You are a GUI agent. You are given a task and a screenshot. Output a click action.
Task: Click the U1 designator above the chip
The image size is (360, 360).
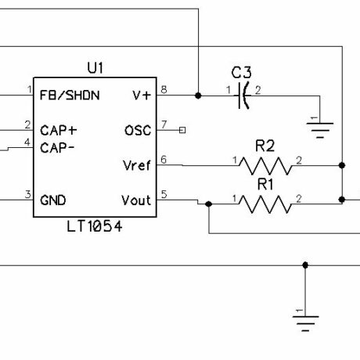pyautogui.click(x=95, y=68)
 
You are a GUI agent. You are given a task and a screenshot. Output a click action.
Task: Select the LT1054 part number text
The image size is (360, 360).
pyautogui.click(x=95, y=226)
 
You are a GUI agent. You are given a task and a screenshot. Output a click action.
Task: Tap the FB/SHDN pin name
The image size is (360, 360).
pyautogui.click(x=70, y=95)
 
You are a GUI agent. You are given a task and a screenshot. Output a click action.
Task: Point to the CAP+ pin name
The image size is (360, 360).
pyautogui.click(x=59, y=131)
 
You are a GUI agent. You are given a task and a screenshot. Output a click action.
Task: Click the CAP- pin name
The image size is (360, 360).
pyautogui.click(x=57, y=148)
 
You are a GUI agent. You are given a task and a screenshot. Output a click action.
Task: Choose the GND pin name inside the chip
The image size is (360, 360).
pyautogui.click(x=53, y=200)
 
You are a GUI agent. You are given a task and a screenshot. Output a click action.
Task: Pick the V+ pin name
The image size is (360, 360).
pyautogui.click(x=142, y=95)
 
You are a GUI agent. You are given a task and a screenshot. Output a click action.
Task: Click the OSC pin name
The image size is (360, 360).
pyautogui.click(x=138, y=131)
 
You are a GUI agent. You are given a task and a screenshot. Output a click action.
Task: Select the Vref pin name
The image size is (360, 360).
pyautogui.click(x=137, y=165)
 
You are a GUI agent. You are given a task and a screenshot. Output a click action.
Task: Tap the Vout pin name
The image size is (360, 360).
pyautogui.click(x=136, y=200)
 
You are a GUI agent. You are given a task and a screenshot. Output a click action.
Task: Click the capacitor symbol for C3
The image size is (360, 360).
pyautogui.click(x=243, y=95)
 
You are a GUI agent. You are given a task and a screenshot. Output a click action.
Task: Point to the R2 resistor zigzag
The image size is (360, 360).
pyautogui.click(x=265, y=166)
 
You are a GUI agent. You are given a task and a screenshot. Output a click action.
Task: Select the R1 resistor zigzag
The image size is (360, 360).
pyautogui.click(x=265, y=204)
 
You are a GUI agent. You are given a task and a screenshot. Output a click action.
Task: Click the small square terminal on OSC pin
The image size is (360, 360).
pyautogui.click(x=182, y=130)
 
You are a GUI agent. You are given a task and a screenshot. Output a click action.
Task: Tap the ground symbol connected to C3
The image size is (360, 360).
pyautogui.click(x=320, y=130)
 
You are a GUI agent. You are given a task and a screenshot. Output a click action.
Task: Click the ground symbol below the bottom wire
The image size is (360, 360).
pyautogui.click(x=305, y=323)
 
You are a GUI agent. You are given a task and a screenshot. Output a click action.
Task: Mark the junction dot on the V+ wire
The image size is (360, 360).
pyautogui.click(x=198, y=95)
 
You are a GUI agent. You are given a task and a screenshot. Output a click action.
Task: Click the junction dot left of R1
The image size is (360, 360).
pyautogui.click(x=209, y=204)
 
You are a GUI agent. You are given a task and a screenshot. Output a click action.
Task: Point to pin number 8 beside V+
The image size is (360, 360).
pyautogui.click(x=164, y=90)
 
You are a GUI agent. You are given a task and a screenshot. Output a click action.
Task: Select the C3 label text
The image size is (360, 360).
pyautogui.click(x=242, y=73)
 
